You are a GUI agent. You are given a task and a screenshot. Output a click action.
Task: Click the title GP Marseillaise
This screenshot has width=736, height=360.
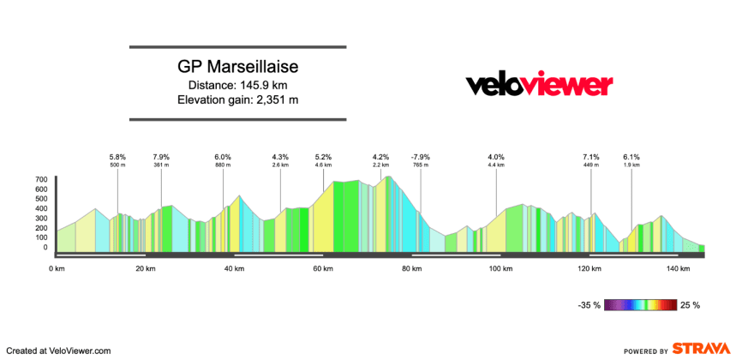point(237,67)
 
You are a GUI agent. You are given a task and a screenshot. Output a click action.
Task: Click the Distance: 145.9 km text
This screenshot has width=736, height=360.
point(237,85)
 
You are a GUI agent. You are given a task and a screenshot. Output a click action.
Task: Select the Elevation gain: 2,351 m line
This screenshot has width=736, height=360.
point(237,99)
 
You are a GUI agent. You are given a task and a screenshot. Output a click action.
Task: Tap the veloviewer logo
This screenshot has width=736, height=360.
point(539,84)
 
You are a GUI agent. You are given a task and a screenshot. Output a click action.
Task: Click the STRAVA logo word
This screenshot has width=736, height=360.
point(700,349)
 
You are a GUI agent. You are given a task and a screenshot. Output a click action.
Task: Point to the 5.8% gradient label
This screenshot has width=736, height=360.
point(117,157)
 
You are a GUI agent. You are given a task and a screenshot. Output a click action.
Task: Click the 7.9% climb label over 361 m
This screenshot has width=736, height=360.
point(161,157)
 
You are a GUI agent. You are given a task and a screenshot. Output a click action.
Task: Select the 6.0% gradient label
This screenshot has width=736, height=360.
point(223,157)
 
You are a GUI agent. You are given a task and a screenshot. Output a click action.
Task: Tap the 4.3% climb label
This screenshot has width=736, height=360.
point(280,157)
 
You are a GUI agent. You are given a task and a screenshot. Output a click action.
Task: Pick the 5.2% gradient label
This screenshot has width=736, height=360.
point(323,157)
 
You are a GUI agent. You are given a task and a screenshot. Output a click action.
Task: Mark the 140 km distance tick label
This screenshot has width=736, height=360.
point(678,269)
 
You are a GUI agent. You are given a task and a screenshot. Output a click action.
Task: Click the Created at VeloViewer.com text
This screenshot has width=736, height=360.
point(59,350)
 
